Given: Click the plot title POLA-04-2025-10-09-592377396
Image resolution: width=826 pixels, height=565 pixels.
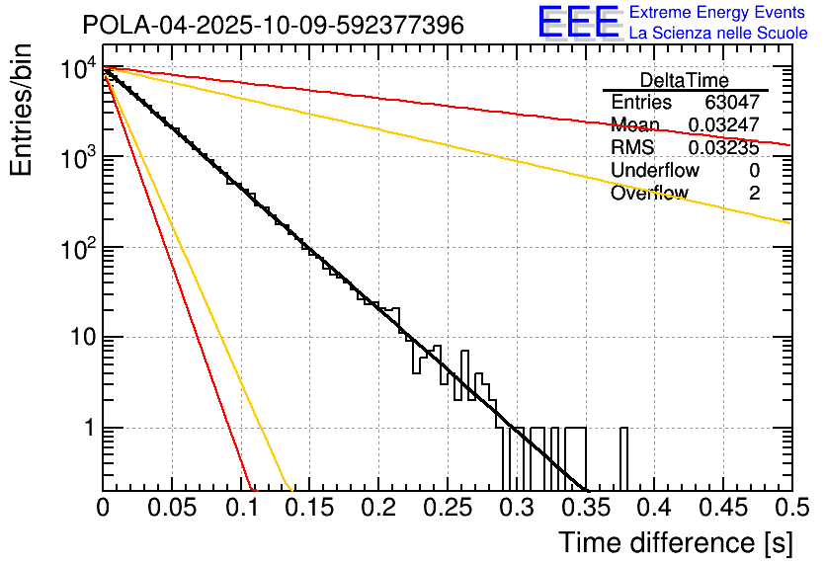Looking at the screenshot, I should point(273,26).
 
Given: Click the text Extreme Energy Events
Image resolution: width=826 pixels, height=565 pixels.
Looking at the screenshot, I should point(717,13).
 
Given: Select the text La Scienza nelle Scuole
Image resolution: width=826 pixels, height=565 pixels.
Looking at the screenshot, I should point(717,34).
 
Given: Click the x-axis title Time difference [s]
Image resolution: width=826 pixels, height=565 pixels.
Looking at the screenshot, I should point(674,542).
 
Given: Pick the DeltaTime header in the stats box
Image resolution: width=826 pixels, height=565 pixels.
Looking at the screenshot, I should point(685,80).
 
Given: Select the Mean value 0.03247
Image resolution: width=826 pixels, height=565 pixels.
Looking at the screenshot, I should point(723,125).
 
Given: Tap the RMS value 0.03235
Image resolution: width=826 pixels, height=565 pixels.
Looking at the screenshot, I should point(723,148).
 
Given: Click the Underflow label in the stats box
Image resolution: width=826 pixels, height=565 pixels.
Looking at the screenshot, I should point(655,171).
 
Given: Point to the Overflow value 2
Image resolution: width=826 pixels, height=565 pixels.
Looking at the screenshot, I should point(754,194).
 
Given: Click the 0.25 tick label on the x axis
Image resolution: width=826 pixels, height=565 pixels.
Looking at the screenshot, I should point(448,509).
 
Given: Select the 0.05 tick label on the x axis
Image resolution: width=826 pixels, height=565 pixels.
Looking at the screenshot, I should point(172,509).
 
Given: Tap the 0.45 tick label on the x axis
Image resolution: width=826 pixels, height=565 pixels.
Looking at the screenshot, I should point(723,509).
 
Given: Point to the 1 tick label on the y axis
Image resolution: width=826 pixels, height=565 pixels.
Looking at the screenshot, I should point(87,429).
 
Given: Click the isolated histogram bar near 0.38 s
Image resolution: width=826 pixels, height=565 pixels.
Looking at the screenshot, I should point(624,458).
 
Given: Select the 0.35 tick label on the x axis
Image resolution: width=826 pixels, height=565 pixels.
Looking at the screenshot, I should point(585,509).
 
